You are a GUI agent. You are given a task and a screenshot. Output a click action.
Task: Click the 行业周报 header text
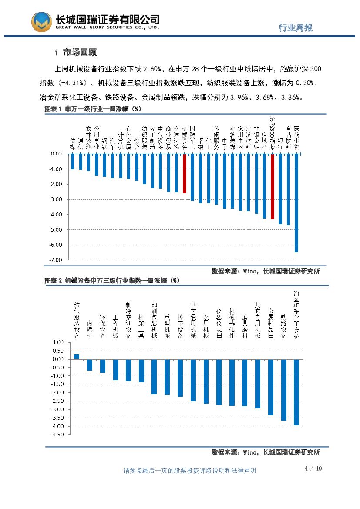[x=296, y=28]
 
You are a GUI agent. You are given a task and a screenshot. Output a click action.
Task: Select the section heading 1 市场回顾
[x=76, y=53]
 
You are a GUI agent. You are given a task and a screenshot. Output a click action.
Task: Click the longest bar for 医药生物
[x=296, y=202]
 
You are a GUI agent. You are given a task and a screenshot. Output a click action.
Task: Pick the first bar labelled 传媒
[x=72, y=161]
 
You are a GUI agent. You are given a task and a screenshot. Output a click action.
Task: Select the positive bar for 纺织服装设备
[x=77, y=356]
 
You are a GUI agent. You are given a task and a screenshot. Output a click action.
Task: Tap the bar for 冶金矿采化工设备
[x=296, y=392]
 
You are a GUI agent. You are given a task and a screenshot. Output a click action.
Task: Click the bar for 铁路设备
[x=284, y=390]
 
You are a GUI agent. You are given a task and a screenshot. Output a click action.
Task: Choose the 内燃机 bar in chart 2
[x=90, y=364]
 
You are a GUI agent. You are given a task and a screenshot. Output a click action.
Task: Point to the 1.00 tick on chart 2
[x=58, y=342]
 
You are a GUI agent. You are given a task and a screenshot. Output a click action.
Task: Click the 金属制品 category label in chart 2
[x=271, y=323]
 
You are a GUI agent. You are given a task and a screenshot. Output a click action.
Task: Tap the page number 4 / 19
[x=313, y=469]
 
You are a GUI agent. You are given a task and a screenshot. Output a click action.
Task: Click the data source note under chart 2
[x=266, y=452]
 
